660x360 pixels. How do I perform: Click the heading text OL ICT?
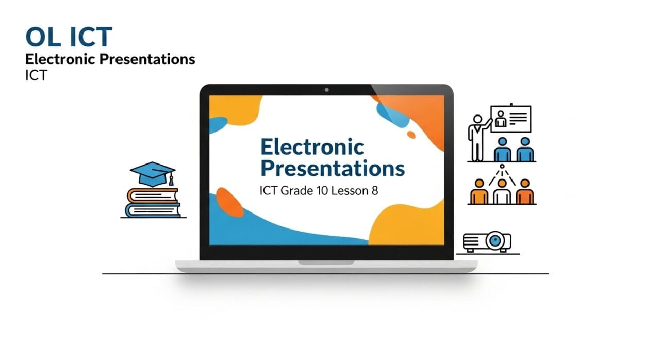click(69, 38)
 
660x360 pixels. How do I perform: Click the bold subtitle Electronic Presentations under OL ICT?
click(110, 59)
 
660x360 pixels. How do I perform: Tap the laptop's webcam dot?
click(326, 90)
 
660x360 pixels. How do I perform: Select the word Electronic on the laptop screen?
click(312, 147)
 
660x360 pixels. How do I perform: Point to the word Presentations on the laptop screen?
click(332, 169)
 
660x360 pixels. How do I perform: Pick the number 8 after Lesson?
click(374, 191)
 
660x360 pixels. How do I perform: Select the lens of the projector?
click(496, 240)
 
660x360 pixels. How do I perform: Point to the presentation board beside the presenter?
click(510, 119)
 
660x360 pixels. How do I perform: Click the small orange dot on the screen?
click(411, 135)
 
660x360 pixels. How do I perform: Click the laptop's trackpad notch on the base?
click(326, 262)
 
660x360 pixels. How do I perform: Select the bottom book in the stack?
click(153, 210)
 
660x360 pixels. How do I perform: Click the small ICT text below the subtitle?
click(36, 75)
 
